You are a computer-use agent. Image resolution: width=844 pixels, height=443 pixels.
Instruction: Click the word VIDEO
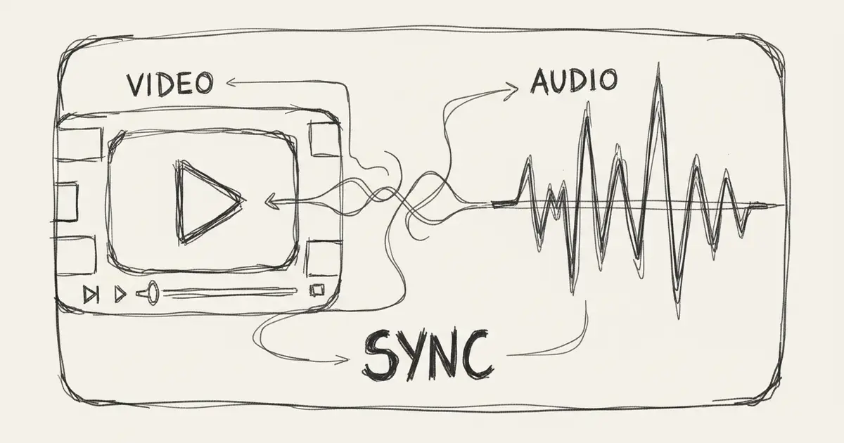coord(170,83)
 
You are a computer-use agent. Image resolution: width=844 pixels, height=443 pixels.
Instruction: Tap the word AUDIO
coord(574,81)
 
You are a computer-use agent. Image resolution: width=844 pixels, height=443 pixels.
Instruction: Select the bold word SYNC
coord(428,355)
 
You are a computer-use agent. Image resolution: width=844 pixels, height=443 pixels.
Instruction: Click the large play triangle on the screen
coord(208,202)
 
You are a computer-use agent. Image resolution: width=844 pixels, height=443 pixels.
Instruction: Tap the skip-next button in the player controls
coord(91,294)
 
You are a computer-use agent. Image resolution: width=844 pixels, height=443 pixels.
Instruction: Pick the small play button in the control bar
coord(120,294)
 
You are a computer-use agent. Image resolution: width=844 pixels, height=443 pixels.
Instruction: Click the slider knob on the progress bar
coord(151,293)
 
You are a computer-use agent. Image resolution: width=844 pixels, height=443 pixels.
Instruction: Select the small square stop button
coord(317,290)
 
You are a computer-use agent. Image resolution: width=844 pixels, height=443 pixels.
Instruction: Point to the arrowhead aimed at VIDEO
coord(231,82)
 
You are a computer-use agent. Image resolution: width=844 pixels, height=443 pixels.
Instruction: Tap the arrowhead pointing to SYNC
coord(342,360)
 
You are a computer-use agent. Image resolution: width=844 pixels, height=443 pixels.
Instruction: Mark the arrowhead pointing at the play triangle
coord(271,202)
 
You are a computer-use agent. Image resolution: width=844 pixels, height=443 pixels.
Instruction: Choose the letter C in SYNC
coord(478,354)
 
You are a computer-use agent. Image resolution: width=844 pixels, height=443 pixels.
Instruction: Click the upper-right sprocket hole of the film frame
coord(324,139)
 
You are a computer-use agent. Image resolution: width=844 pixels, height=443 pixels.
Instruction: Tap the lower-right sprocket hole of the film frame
coord(324,259)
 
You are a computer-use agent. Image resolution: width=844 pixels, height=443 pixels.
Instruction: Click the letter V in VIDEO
coord(136,84)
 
